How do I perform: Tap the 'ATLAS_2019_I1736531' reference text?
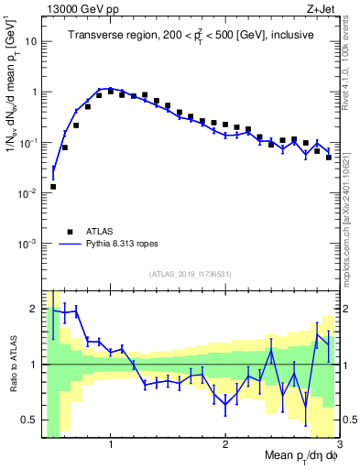[x=190, y=273]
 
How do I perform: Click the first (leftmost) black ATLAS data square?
[x=53, y=187]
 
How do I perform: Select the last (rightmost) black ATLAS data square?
[x=328, y=158]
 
